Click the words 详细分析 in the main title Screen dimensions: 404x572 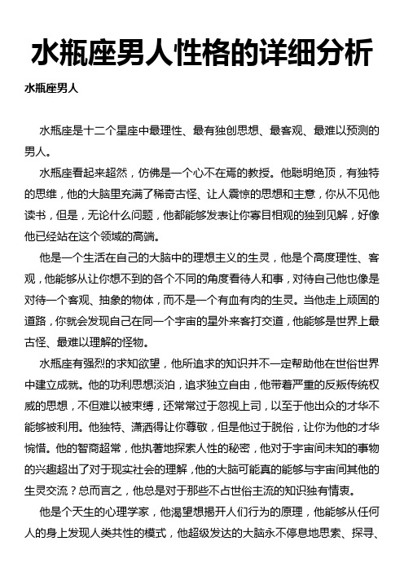[305, 55]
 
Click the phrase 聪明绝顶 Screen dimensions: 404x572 [328, 173]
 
